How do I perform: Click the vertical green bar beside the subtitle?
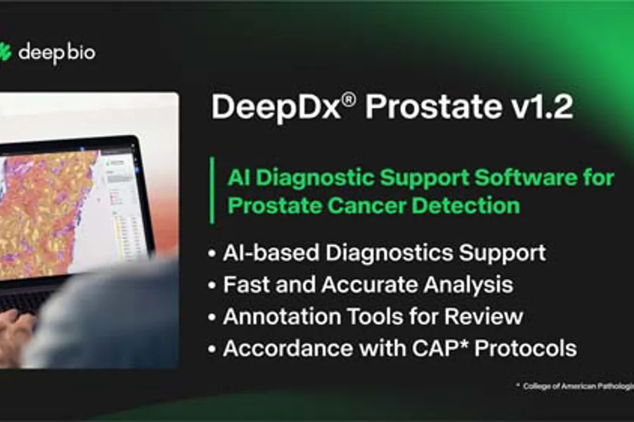[212, 191]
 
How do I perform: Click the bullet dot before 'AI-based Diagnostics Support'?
[212, 253]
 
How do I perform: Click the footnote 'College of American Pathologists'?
[578, 386]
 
